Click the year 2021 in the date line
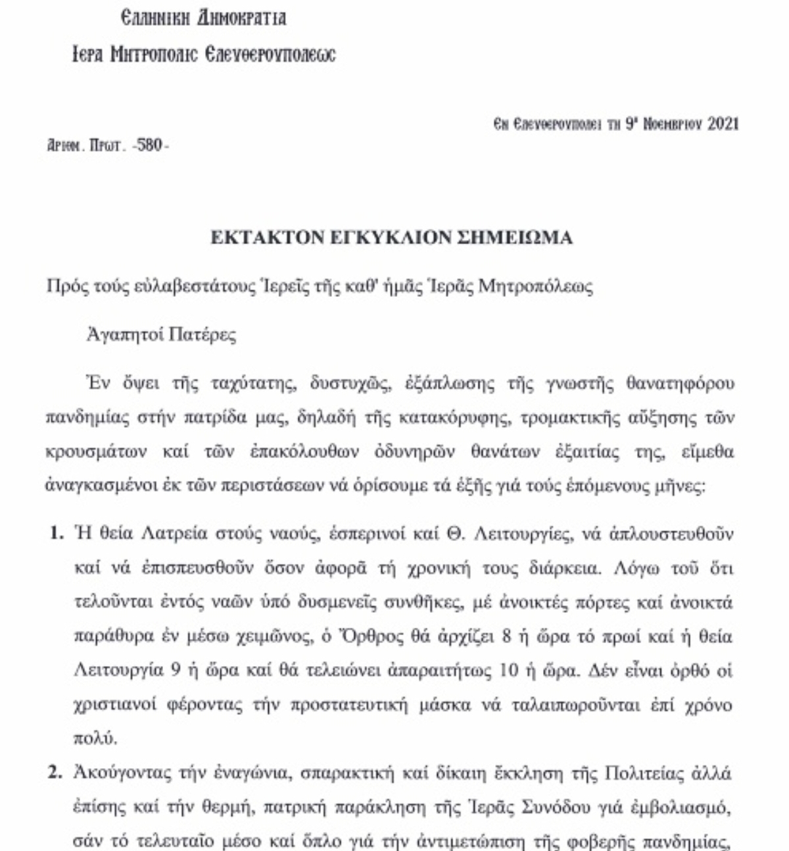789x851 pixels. click(723, 124)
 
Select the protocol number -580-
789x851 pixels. click(150, 145)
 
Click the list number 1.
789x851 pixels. click(56, 533)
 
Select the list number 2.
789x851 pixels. click(56, 773)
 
